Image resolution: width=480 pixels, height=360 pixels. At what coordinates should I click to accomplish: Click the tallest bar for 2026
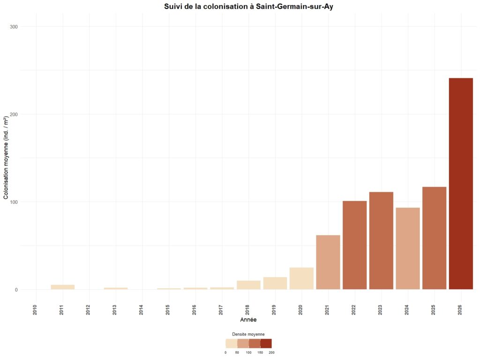(461, 184)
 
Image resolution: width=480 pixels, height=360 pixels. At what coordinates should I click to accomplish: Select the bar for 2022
(354, 245)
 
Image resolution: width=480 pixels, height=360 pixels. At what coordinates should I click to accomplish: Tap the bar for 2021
(328, 262)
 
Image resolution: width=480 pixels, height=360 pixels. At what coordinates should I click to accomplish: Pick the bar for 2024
(407, 248)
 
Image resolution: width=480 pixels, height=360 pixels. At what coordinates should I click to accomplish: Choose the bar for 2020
(301, 278)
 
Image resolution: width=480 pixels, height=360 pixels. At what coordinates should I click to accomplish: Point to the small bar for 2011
(63, 287)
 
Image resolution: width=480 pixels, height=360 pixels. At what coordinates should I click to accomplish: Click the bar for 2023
(381, 240)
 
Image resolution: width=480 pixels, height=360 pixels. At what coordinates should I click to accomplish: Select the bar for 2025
(434, 238)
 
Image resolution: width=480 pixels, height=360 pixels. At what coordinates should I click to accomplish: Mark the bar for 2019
(275, 283)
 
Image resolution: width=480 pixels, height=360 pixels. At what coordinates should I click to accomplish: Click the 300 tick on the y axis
(27, 27)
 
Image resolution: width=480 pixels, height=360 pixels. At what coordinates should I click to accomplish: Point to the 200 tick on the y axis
(27, 114)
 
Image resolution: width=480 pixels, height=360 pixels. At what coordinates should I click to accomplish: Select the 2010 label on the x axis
(36, 309)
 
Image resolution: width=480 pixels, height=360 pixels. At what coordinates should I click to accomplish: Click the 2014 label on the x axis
(142, 309)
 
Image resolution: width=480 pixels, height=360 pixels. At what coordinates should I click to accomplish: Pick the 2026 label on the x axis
(460, 309)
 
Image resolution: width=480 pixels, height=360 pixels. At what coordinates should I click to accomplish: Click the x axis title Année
(248, 320)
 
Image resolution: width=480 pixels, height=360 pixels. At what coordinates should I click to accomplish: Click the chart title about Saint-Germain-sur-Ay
(248, 7)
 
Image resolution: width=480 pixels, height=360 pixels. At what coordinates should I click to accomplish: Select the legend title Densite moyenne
(248, 334)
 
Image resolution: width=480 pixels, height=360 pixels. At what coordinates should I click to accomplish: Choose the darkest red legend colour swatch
(266, 344)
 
